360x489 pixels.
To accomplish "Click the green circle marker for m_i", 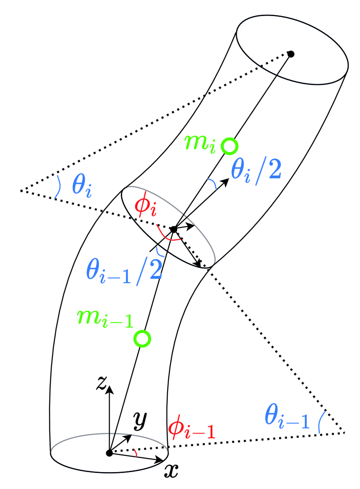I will click(229, 146).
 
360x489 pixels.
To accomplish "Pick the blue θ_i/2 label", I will click(256, 170).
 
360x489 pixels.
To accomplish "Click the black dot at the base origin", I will click(109, 453).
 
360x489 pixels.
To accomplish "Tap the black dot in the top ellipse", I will click(292, 54).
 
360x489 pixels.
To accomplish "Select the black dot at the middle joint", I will click(173, 229).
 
